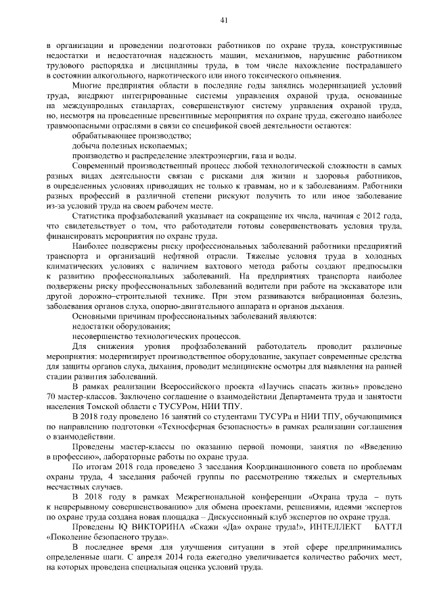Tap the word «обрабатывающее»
click(x=106, y=136)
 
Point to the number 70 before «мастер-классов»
click(x=51, y=396)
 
